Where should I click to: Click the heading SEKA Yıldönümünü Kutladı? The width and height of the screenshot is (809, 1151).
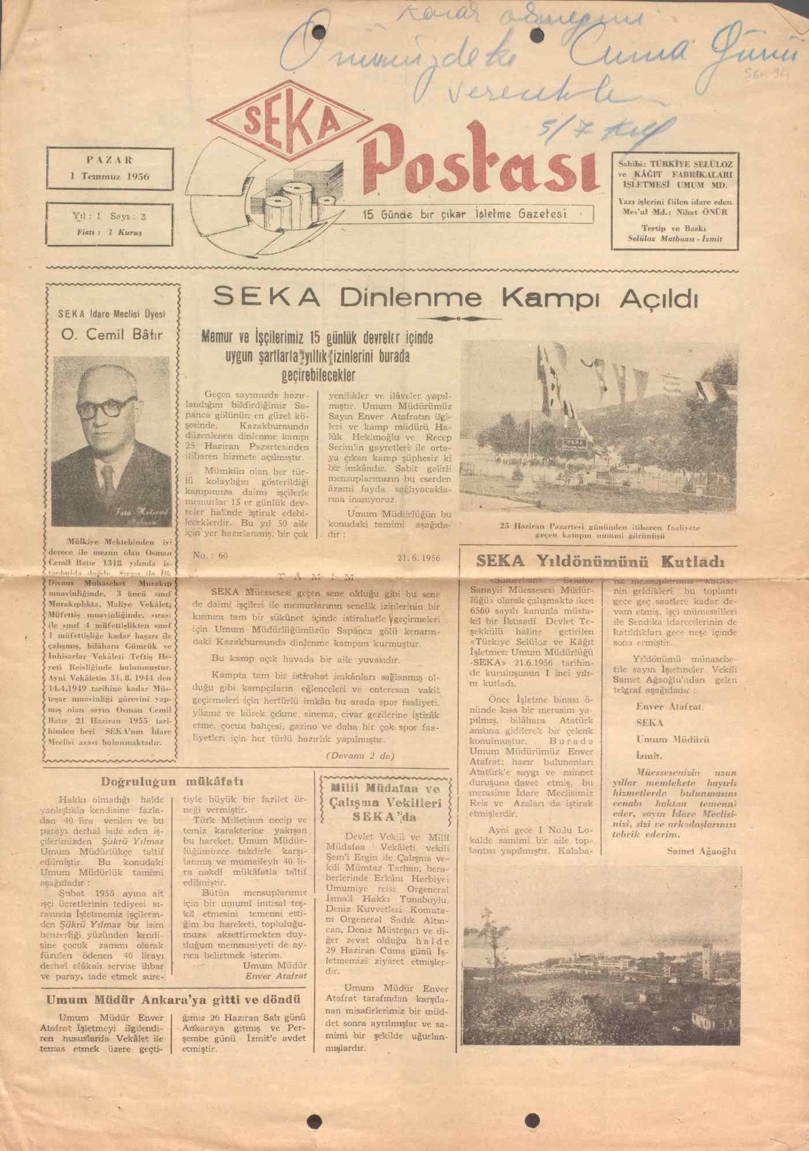click(600, 561)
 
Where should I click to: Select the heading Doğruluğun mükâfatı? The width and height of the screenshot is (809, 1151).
click(173, 782)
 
